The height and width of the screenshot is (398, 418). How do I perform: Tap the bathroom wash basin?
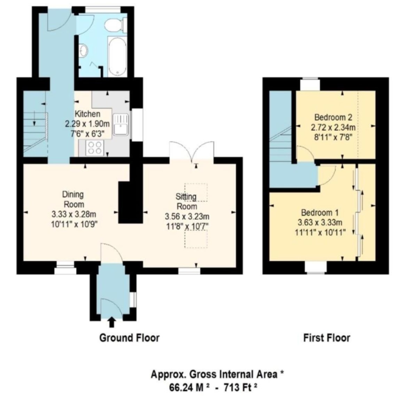[x=84, y=51]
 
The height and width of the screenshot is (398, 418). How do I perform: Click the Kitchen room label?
[x=87, y=114]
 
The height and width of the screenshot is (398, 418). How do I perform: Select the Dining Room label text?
[x=73, y=199]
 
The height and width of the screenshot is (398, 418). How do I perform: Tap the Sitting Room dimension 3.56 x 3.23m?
[x=187, y=217]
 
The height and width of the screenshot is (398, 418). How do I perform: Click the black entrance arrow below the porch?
[x=111, y=322]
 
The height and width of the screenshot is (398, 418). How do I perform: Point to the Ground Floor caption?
[x=129, y=338]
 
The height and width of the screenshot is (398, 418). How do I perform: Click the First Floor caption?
[x=326, y=338]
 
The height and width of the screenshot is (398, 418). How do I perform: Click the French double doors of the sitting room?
[x=192, y=151]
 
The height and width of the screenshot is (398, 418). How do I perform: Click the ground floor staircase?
[x=35, y=132]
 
